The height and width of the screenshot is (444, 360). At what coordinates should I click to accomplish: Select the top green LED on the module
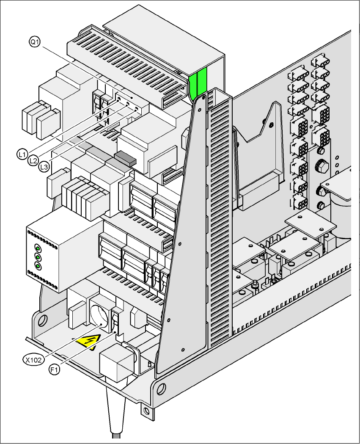pos(37,248)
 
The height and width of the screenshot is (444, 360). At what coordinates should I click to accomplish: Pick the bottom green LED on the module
pos(38,266)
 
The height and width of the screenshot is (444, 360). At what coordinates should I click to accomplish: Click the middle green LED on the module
pos(38,257)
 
